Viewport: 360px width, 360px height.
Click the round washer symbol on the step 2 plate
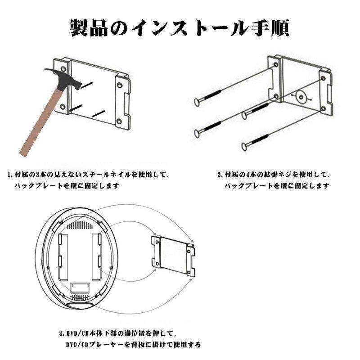(x=300, y=96)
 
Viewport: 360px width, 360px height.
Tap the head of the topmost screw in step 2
(x=197, y=103)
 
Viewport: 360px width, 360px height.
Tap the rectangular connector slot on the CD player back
(x=82, y=286)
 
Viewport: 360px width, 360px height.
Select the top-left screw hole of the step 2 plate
(x=275, y=65)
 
